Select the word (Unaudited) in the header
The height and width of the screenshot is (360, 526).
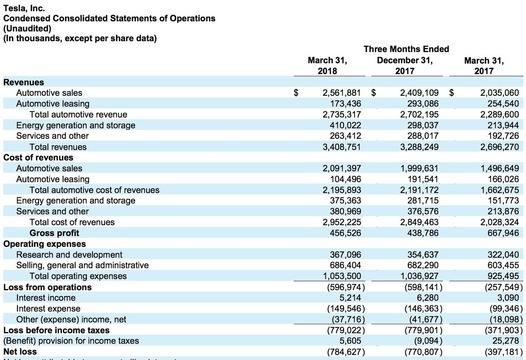(27, 30)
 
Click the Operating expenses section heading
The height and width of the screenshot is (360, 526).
(42, 243)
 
